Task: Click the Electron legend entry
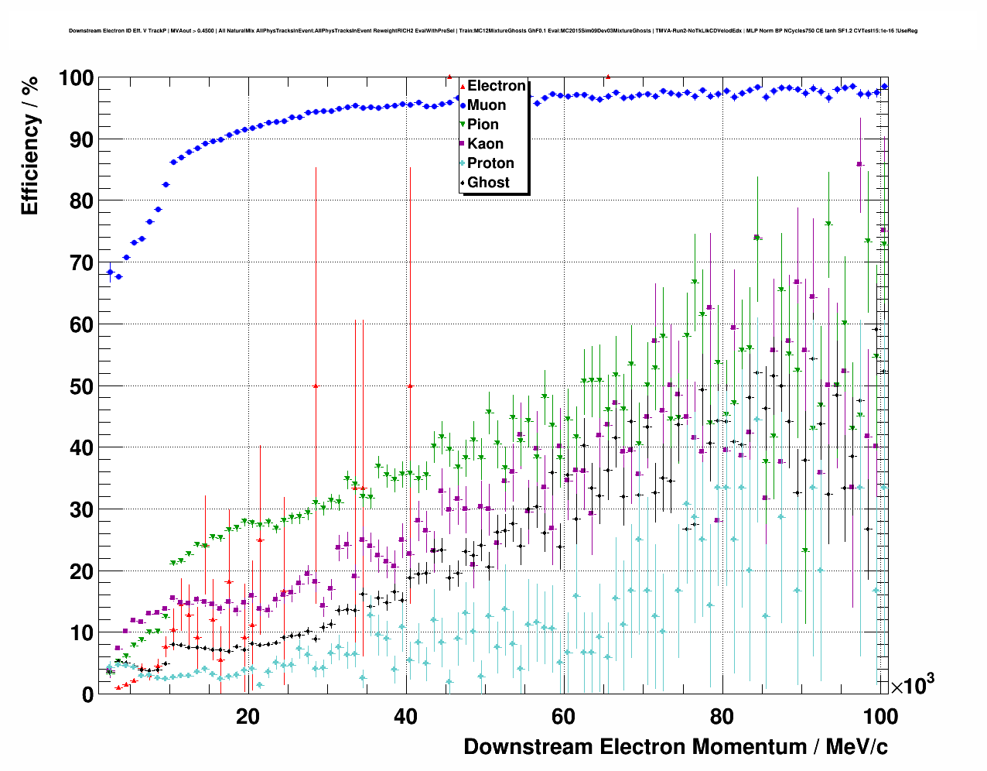[x=496, y=86]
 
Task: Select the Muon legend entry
[x=487, y=105]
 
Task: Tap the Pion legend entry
[x=483, y=125]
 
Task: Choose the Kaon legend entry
[x=485, y=144]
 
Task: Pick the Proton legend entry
[x=490, y=163]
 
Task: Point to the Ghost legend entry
[x=488, y=183]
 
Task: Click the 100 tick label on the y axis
[x=75, y=78]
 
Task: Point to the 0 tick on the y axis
[x=87, y=694]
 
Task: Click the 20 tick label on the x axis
[x=248, y=717]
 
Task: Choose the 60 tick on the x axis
[x=563, y=717]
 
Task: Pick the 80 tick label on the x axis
[x=721, y=717]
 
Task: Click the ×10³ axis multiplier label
[x=912, y=686]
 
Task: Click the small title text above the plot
[x=493, y=31]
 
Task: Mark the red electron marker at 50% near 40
[x=410, y=385]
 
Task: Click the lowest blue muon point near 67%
[x=118, y=276]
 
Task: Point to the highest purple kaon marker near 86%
[x=859, y=164]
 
